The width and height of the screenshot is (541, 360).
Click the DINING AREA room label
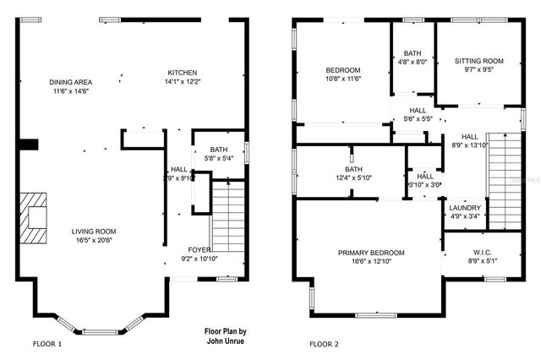coord(69,82)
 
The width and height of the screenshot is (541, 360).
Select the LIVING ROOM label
coord(93,231)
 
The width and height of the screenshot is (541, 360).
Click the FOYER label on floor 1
coord(199,249)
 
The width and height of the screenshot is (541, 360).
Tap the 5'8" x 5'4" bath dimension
coord(218,158)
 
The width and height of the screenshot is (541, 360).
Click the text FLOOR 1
coord(47,344)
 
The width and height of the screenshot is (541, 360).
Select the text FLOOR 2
coord(323,344)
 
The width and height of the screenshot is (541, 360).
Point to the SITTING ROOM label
coord(478,61)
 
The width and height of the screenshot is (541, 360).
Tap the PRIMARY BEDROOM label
coord(371,253)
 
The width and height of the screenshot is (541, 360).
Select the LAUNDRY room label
coord(465,208)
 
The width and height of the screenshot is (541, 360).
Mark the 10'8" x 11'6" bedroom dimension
coord(343,79)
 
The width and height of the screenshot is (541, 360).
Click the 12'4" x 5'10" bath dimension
coord(330,177)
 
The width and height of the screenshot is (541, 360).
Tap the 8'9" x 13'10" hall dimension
coord(470,145)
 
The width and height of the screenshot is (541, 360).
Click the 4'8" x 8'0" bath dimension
coord(413,61)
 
